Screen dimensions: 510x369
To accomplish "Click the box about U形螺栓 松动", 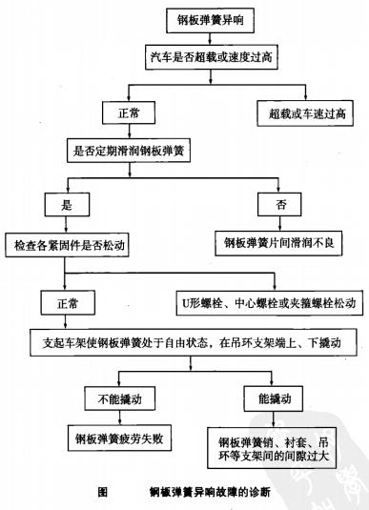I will coord(266,301).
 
